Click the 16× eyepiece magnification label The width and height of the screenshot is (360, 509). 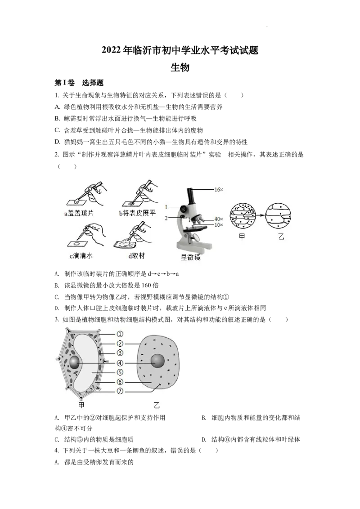[x=218, y=190]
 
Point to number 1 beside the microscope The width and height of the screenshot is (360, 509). [x=166, y=207]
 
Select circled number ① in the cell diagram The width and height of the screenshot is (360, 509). [x=120, y=334]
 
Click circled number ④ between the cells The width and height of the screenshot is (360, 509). [x=120, y=363]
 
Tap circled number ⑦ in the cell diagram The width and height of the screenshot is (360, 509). [x=120, y=392]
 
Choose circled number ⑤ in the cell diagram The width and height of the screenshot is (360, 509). [x=120, y=373]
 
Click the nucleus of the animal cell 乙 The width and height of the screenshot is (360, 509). [x=157, y=361]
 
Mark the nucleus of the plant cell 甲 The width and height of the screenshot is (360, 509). [x=75, y=363]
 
